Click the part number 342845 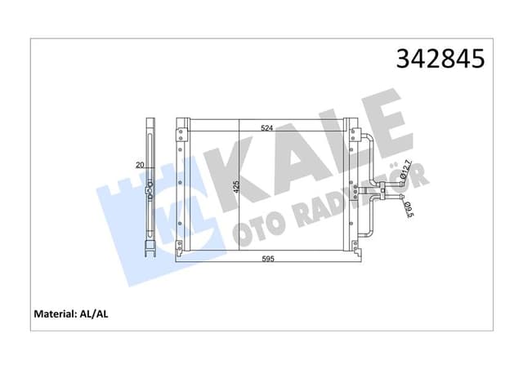click(440, 59)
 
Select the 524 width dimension click(266, 127)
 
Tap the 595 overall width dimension click(266, 260)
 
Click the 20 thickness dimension click(140, 165)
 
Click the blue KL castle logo click(147, 212)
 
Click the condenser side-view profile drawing click(150, 188)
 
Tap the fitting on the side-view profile click(150, 193)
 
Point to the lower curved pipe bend click(370, 233)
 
